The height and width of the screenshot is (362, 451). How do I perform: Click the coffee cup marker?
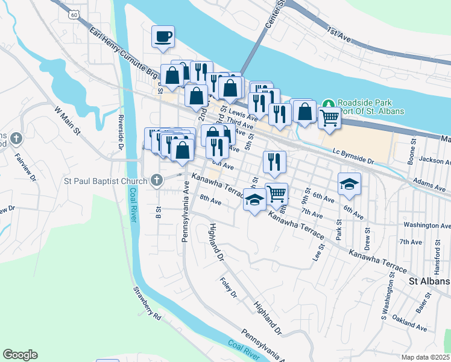tap(163, 37)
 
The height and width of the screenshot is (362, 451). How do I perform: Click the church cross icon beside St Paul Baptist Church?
tap(157, 180)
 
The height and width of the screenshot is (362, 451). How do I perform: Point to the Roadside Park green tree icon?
tap(328, 103)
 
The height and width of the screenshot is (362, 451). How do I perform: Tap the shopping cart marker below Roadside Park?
tap(329, 118)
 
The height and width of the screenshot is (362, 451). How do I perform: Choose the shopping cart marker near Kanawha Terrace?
tap(276, 194)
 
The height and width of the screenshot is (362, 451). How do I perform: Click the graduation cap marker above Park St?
tap(349, 184)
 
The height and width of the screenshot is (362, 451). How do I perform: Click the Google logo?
tap(20, 355)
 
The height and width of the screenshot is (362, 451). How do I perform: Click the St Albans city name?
tap(429, 282)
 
